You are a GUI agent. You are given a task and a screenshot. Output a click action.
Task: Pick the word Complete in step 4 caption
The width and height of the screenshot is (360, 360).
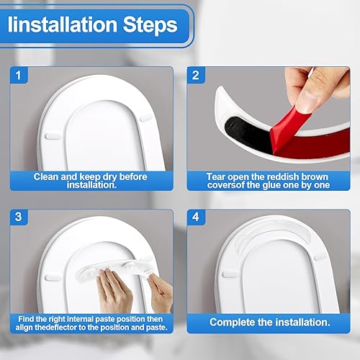(246, 323)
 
